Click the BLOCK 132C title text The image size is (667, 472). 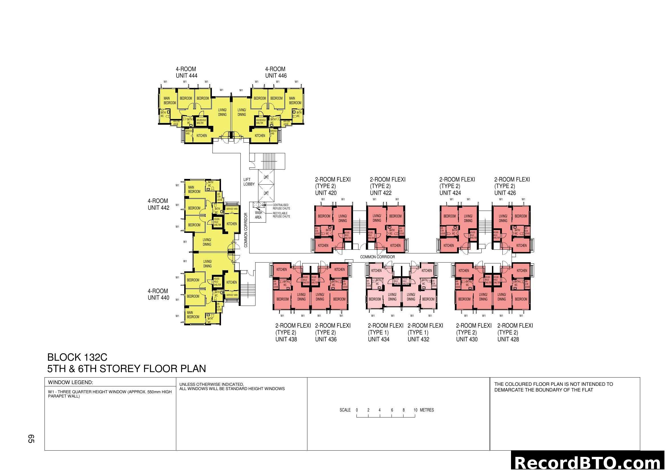coord(77,357)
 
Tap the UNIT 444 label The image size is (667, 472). coord(186,76)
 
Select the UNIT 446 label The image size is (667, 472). coord(276,76)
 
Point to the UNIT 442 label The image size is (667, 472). coord(158,208)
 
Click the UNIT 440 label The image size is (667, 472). coord(158,298)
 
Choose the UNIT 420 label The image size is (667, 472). coord(326,193)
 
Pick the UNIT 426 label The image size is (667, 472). coord(505,193)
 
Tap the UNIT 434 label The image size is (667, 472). coord(378,339)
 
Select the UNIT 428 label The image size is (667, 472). coord(508,339)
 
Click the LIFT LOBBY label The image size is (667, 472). coord(249,182)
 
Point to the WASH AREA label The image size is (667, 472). coord(258,215)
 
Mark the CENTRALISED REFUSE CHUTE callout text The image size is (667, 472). coord(281,207)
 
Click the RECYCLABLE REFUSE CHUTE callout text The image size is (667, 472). coord(281,215)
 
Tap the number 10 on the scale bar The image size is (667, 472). coord(415,410)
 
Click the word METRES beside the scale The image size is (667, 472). coord(427,410)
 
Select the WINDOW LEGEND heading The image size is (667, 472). coord(71,382)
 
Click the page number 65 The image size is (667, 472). coord(31,439)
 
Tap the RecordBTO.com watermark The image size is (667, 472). coord(589,463)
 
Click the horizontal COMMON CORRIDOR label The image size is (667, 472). coord(377,257)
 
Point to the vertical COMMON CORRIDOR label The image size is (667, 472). coord(246,230)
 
